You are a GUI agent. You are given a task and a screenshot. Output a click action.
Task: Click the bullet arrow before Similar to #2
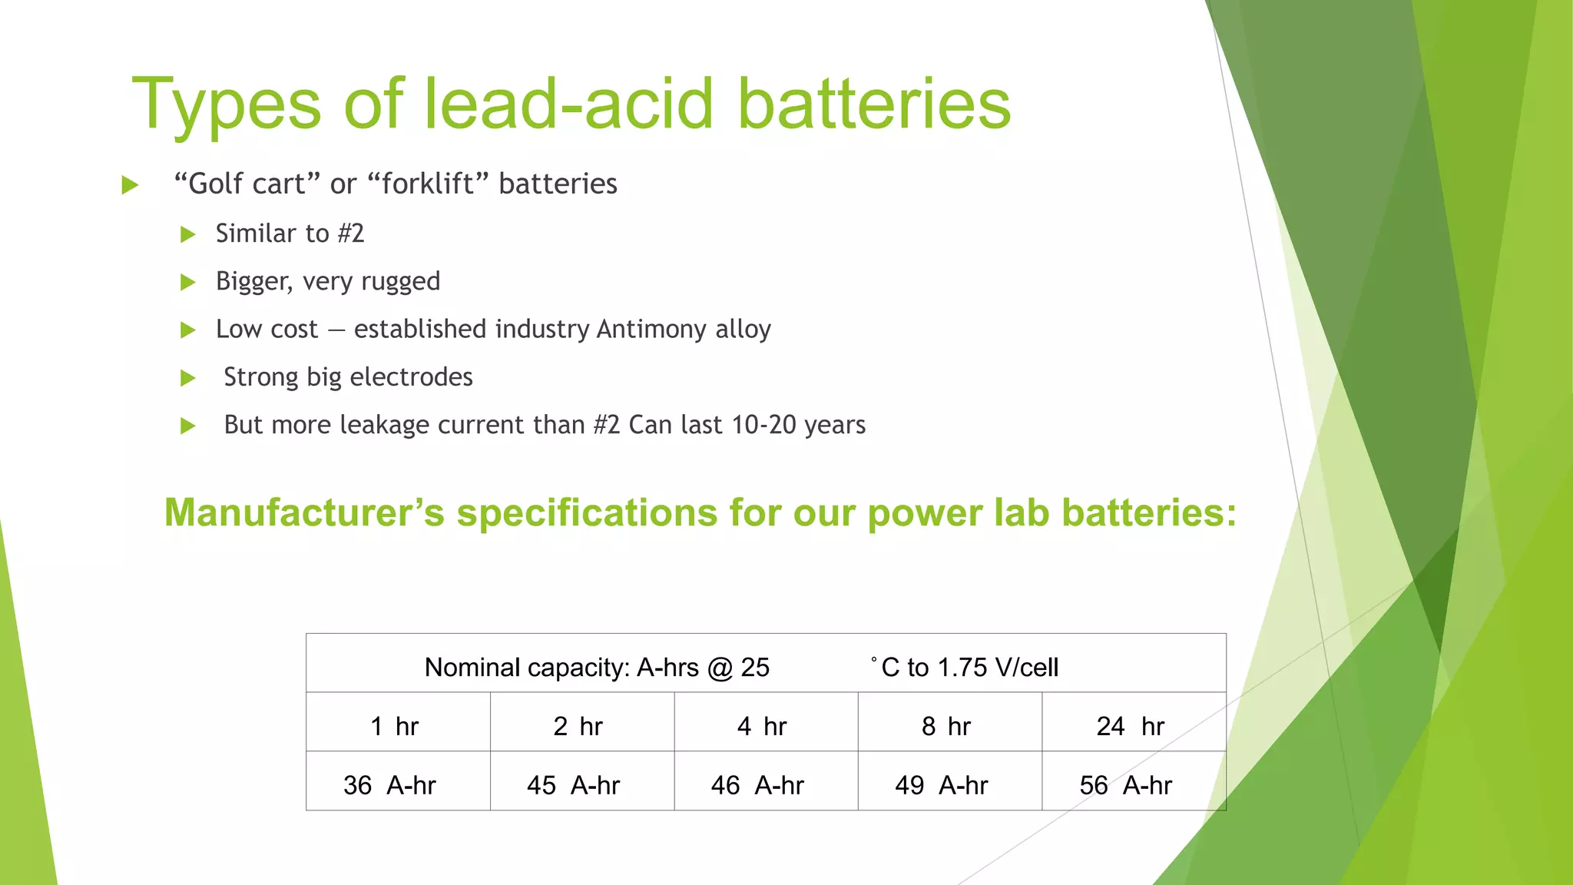[188, 234]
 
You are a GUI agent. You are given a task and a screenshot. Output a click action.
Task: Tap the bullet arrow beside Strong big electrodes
[188, 378]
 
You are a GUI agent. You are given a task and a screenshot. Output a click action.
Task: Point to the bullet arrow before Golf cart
[130, 185]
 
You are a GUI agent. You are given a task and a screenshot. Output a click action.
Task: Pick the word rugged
[400, 281]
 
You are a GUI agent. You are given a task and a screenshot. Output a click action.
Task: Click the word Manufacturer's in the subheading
[304, 512]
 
